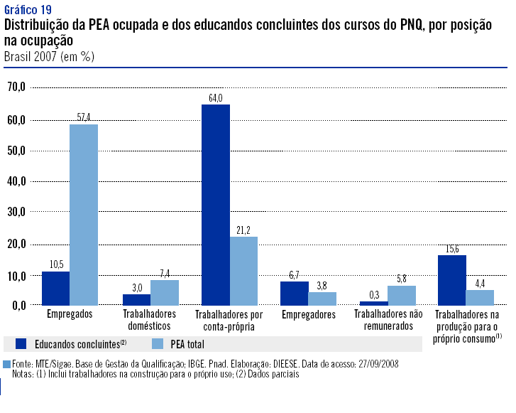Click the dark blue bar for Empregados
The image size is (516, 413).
55,288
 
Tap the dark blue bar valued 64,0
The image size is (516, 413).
216,205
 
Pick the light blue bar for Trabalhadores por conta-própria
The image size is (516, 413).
243,270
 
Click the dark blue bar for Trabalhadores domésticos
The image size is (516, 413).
136,299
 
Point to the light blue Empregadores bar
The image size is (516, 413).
322,298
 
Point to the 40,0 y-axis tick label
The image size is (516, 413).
16,181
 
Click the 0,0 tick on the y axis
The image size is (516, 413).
18,305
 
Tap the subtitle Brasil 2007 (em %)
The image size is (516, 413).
49,55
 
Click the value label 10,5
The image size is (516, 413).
56,264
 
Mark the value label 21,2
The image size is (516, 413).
243,230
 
